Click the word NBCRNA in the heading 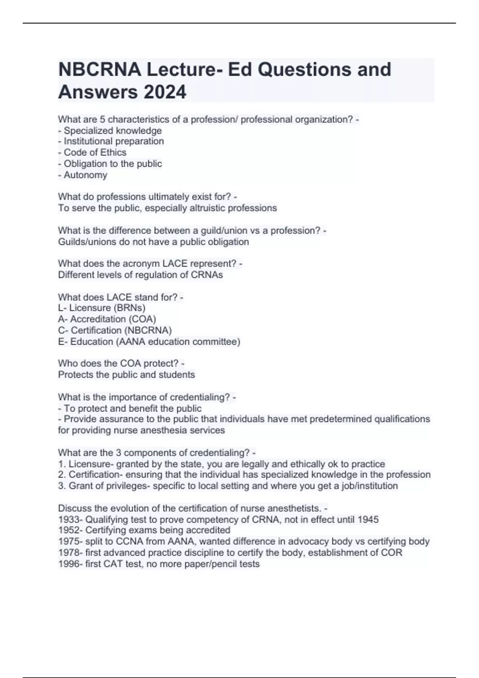(x=99, y=69)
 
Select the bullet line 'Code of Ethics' (x=92, y=152)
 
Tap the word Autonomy (x=85, y=175)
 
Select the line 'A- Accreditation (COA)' (x=107, y=319)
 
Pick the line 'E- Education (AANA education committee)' (x=149, y=342)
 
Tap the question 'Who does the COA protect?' (x=121, y=364)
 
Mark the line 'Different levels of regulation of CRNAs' (x=141, y=275)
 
